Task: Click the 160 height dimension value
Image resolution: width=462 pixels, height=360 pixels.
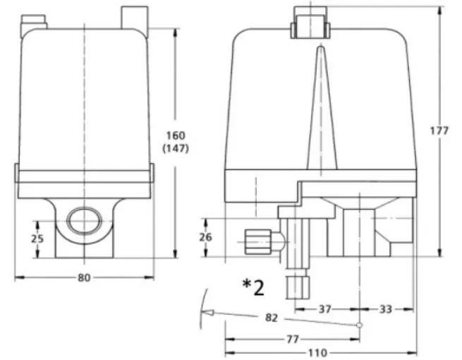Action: pyautogui.click(x=176, y=136)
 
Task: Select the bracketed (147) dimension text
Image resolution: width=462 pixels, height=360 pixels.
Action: pyautogui.click(x=176, y=149)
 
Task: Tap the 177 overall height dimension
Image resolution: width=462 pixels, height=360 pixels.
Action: pyautogui.click(x=439, y=131)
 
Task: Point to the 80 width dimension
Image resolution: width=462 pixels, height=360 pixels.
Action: pyautogui.click(x=84, y=277)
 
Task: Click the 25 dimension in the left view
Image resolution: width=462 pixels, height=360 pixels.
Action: pyautogui.click(x=37, y=239)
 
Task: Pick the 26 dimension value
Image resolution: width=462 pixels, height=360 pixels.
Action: pyautogui.click(x=206, y=237)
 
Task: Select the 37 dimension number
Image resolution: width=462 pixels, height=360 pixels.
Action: pyautogui.click(x=325, y=309)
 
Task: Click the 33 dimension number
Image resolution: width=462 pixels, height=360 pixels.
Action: pyautogui.click(x=386, y=309)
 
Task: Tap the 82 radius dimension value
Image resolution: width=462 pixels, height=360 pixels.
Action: pyautogui.click(x=272, y=318)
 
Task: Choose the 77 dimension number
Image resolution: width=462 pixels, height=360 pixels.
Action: pyautogui.click(x=293, y=340)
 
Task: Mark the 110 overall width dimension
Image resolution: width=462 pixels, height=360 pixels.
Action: pyautogui.click(x=317, y=353)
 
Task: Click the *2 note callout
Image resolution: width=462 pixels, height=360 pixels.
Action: pyautogui.click(x=253, y=287)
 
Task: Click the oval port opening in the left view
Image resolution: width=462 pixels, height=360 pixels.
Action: pyautogui.click(x=85, y=221)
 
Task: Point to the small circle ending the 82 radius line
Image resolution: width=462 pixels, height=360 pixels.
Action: pyautogui.click(x=360, y=325)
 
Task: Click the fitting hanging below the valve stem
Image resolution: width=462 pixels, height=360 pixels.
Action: pyautogui.click(x=298, y=287)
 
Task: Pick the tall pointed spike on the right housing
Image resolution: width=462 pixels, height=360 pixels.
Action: pyautogui.click(x=322, y=107)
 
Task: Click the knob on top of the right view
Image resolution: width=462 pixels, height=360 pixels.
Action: pyautogui.click(x=310, y=23)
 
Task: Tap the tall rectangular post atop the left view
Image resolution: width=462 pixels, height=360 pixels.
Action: pyautogui.click(x=135, y=18)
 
